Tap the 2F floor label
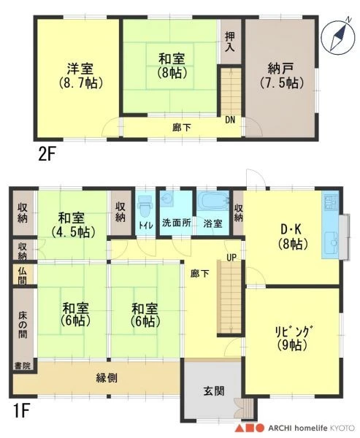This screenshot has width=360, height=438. [47, 155]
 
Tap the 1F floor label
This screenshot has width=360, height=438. [21, 412]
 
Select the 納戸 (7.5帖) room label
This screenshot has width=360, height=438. [281, 75]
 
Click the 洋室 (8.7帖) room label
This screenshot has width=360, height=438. [81, 76]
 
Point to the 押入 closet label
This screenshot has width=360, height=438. [230, 42]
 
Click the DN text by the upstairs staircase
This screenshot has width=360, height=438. [230, 120]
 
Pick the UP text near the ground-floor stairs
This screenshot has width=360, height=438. [231, 257]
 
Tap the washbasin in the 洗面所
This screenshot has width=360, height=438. [167, 199]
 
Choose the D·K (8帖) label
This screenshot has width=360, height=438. [293, 237]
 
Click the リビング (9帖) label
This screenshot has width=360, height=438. [293, 338]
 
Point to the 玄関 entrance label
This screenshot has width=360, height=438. [214, 391]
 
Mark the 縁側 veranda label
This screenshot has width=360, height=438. [107, 378]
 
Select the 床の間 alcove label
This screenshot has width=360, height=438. [23, 325]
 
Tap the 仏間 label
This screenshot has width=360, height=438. [23, 275]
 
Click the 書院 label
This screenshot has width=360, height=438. [23, 366]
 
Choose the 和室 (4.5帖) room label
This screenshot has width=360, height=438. [73, 225]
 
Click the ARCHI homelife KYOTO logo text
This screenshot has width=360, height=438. [311, 428]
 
